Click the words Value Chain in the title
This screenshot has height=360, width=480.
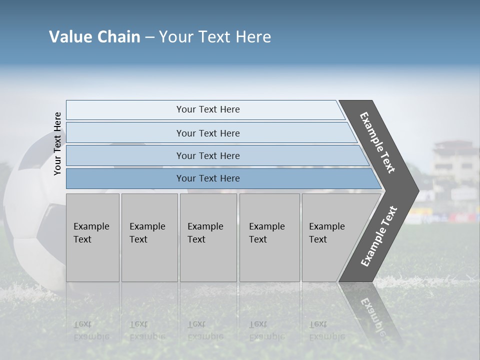point(94,37)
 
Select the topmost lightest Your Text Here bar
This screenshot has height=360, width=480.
point(208,109)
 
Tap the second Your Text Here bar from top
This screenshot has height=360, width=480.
point(208,133)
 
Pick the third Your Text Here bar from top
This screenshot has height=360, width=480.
point(208,155)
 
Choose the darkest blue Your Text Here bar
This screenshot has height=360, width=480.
point(208,178)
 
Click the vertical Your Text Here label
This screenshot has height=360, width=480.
point(57,143)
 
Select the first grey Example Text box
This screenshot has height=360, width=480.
point(92,237)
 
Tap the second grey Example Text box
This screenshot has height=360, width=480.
point(149,237)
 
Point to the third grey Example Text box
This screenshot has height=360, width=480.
point(208,237)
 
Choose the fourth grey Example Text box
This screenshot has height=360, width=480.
point(269,237)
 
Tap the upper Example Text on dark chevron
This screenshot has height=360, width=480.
point(377,142)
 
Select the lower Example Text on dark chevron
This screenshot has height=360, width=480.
point(379,236)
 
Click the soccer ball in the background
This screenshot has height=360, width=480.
point(30,215)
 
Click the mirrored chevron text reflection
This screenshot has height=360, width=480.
point(372,315)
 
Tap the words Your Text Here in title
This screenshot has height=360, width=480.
point(215,37)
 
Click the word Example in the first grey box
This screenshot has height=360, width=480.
point(91,226)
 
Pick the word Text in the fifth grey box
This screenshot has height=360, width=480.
point(318,239)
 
